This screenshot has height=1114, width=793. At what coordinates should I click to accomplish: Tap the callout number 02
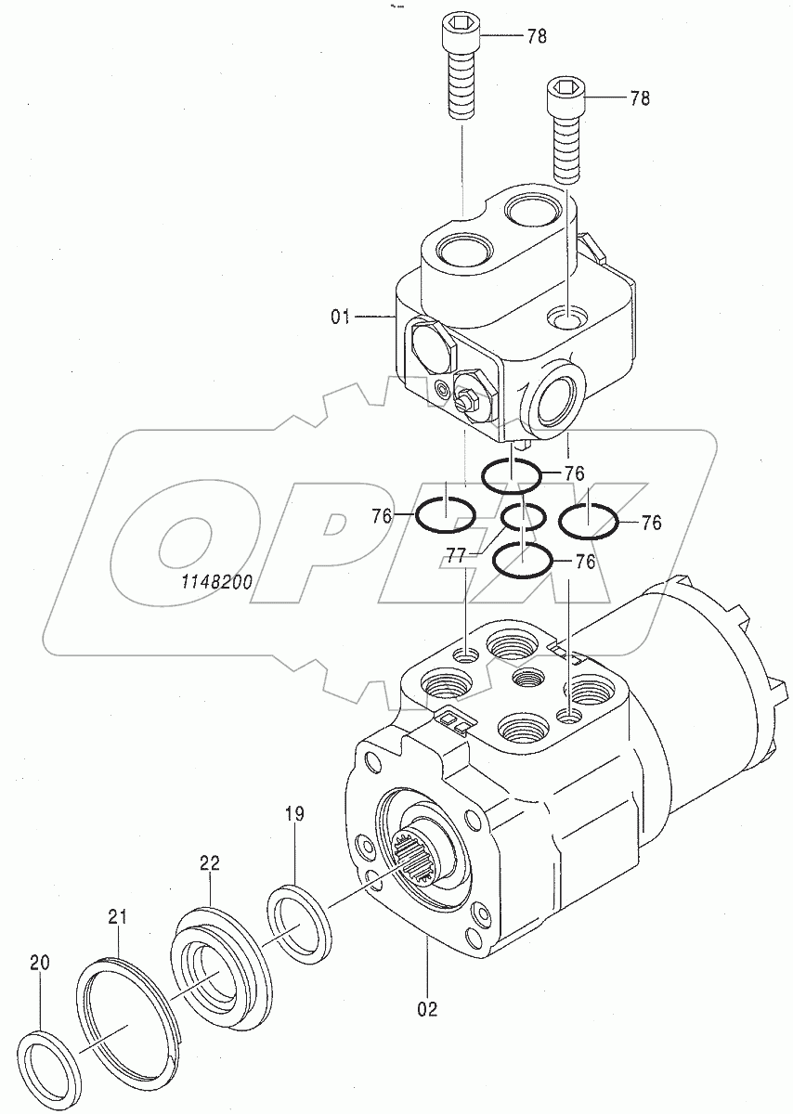tap(428, 1007)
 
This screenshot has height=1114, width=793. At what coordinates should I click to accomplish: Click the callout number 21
tap(116, 917)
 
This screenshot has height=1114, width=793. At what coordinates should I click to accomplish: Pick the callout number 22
tap(209, 862)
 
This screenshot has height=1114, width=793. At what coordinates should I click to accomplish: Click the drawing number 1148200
tap(217, 582)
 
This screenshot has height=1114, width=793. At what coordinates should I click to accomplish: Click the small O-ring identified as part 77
tap(523, 516)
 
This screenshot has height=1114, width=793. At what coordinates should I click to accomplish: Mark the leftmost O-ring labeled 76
tap(445, 512)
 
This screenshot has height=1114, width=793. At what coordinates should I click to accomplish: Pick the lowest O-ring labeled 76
tap(523, 560)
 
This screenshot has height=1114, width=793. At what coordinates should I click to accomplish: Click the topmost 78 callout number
tap(536, 36)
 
